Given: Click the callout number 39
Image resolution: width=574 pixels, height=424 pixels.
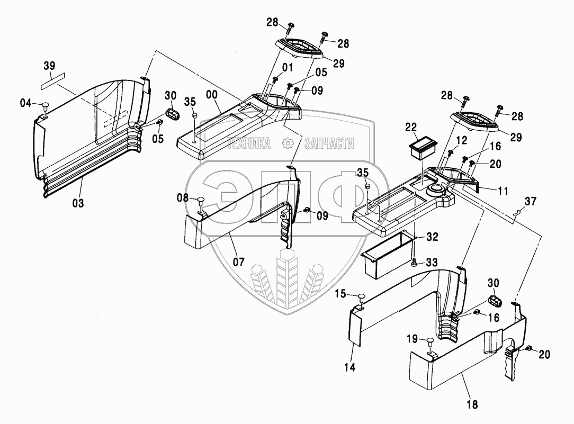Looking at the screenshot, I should click(49, 66).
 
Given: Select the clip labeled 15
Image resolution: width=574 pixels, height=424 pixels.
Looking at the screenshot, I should click(361, 296).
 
